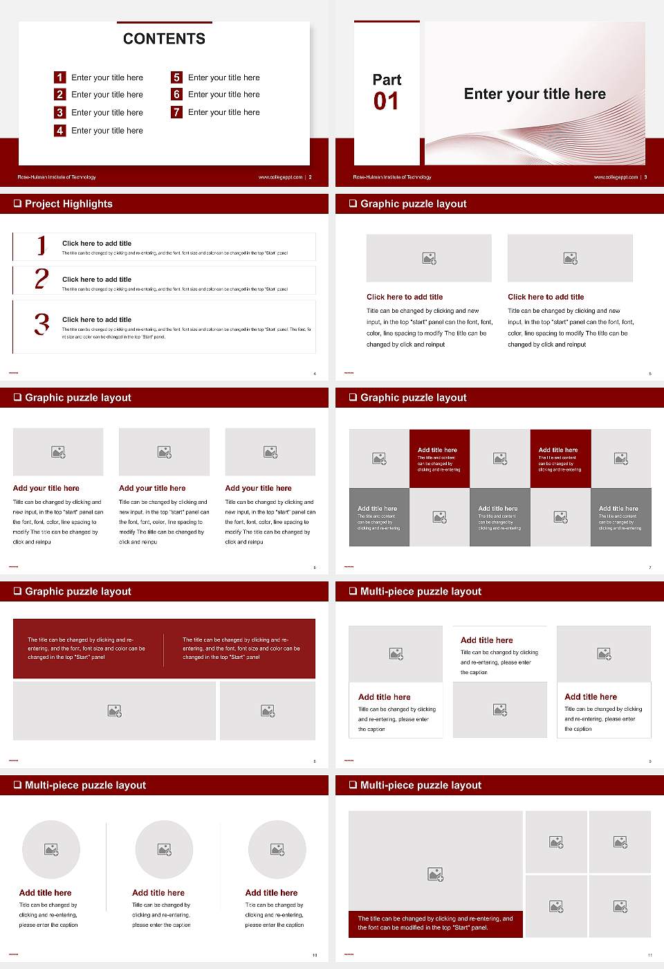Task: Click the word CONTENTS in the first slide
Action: tap(164, 39)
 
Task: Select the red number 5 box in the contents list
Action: tap(176, 78)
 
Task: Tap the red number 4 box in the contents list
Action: tap(60, 130)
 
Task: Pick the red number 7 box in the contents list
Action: tap(176, 112)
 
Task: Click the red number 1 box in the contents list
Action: tap(60, 78)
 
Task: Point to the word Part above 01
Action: tap(387, 80)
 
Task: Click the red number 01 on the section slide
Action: tap(386, 102)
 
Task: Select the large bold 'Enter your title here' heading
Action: tap(535, 94)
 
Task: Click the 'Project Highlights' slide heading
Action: tap(68, 203)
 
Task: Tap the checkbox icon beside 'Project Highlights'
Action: tap(17, 203)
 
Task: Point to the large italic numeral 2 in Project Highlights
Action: tap(41, 278)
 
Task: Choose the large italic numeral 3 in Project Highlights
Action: tap(41, 324)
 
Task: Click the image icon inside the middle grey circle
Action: tap(164, 849)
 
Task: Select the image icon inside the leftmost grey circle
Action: tap(51, 849)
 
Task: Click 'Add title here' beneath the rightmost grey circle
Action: tap(271, 893)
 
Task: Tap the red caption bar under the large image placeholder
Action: tap(435, 923)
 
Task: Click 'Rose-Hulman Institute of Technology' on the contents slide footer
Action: tap(57, 177)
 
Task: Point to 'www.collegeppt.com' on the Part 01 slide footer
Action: tap(616, 177)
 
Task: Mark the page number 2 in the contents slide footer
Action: tap(310, 177)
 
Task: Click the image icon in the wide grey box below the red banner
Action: tap(115, 711)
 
